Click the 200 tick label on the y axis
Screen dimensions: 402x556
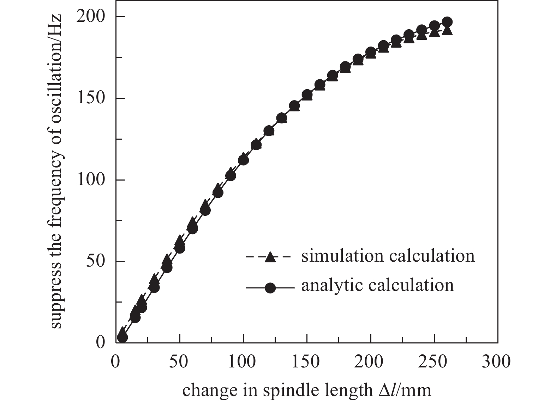point(91,17)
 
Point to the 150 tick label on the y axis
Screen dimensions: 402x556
point(91,98)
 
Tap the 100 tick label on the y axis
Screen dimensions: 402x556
point(91,180)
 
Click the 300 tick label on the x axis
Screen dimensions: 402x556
point(497,362)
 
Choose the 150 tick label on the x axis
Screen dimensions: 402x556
point(307,362)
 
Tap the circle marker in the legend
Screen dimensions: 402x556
point(270,288)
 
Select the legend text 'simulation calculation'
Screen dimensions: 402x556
point(388,256)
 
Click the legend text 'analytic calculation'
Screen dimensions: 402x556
point(377,285)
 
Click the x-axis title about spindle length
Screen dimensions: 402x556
point(307,390)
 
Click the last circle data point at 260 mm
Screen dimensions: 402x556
point(447,22)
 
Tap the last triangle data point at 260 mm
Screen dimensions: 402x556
point(447,30)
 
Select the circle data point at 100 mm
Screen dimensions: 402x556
point(243,160)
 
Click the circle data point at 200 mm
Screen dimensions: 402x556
point(371,53)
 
